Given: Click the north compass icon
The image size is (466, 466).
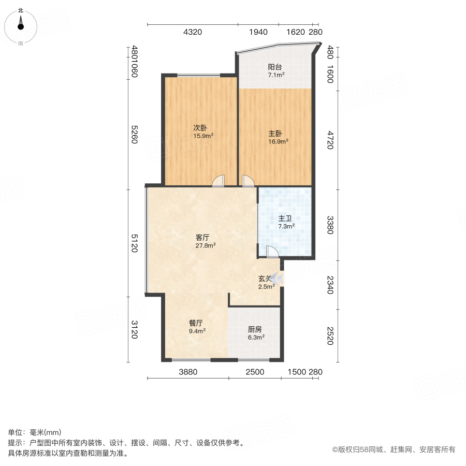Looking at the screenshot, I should (21, 24).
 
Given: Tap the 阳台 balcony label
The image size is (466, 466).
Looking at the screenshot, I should (275, 67).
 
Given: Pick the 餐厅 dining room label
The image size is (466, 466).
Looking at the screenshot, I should (197, 322).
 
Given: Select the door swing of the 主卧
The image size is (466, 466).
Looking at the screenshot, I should (247, 180).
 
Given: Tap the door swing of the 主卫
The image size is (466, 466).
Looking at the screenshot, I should (271, 251).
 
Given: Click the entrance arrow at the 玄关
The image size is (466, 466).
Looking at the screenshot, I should (278, 280).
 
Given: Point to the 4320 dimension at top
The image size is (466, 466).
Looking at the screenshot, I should (193, 32).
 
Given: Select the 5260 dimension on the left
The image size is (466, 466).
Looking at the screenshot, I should (134, 135).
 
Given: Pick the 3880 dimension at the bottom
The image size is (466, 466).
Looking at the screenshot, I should (188, 372).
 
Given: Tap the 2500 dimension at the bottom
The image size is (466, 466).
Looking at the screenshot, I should (255, 372).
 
